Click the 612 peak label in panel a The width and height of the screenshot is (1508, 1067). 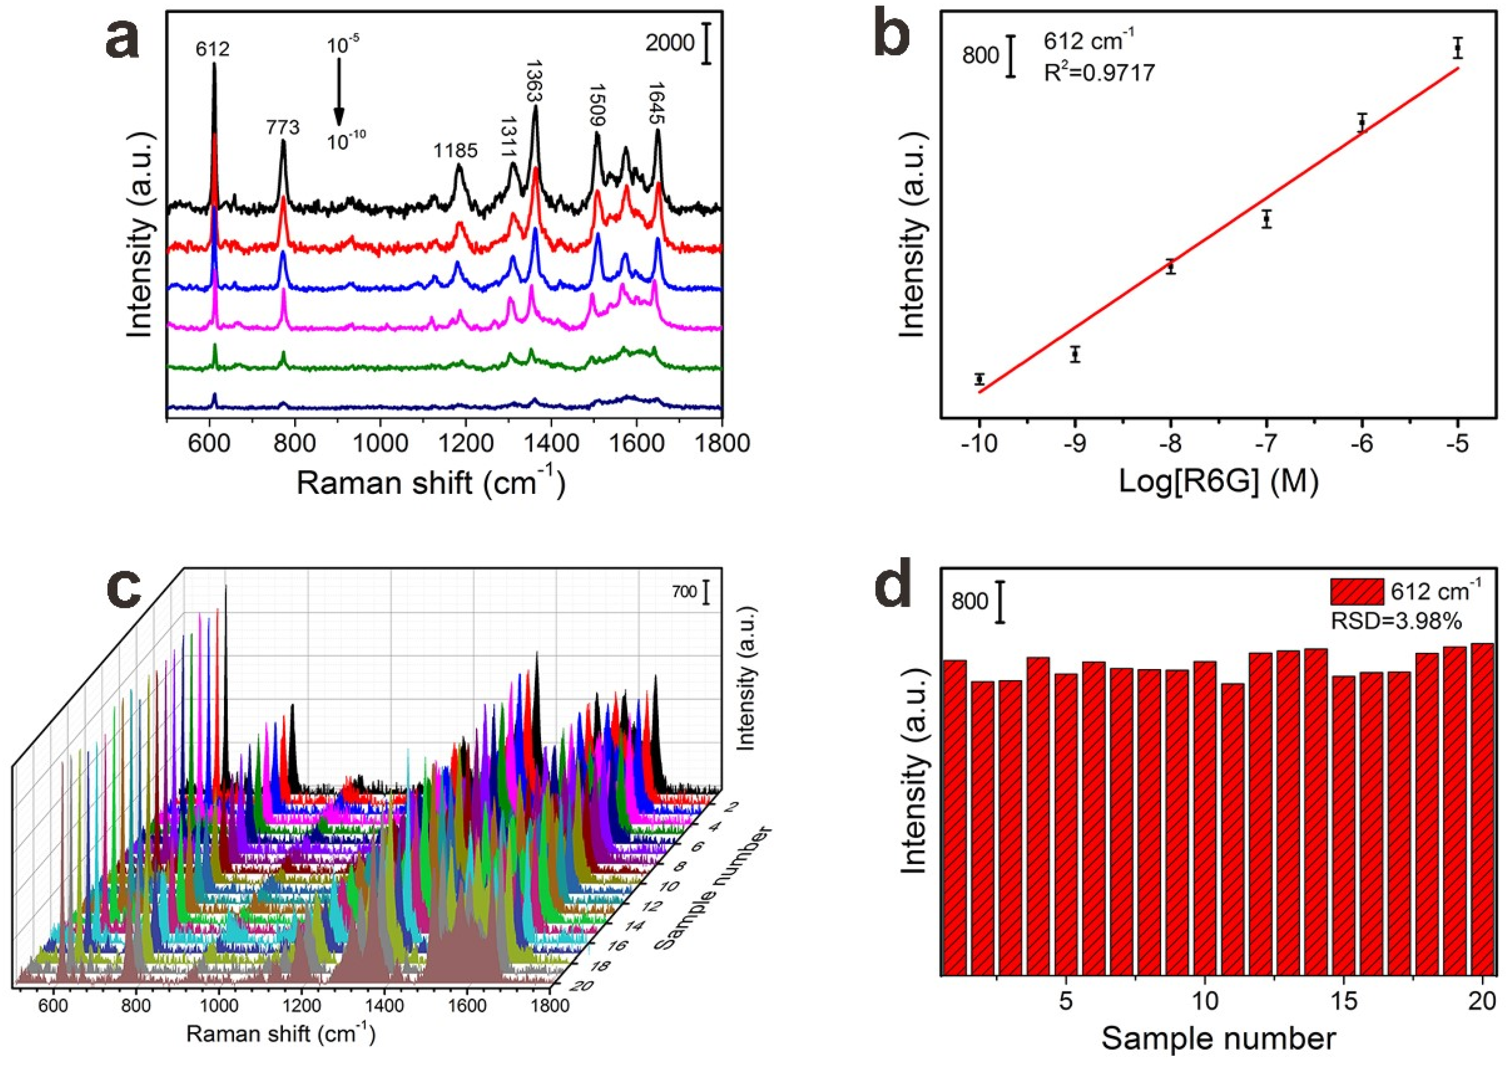pos(213,49)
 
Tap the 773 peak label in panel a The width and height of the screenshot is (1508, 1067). pos(283,127)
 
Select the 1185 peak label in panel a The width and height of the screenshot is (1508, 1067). pos(455,151)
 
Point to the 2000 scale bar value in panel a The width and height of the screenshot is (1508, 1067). pos(669,43)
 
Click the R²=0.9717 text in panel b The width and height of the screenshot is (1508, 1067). pos(1099,72)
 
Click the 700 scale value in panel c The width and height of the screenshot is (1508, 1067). pos(684,592)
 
